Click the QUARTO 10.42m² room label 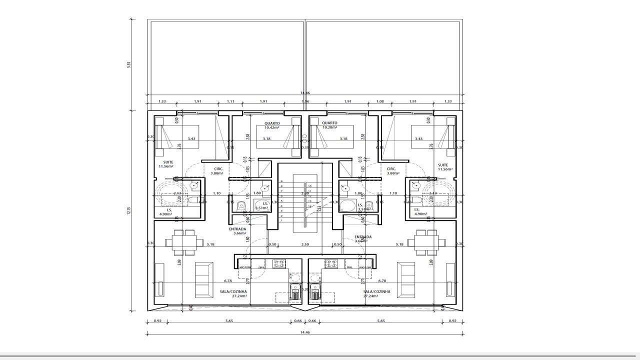point(272,125)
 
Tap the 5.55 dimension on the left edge point(128,65)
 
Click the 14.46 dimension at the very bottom point(304,332)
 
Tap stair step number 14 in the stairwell point(309,206)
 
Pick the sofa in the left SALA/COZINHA point(203,280)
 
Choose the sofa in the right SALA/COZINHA point(406,280)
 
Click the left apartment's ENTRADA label point(238,231)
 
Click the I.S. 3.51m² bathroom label point(261,205)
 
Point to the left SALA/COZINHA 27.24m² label point(233,293)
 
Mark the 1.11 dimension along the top point(230,101)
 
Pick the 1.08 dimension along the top point(380,101)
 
